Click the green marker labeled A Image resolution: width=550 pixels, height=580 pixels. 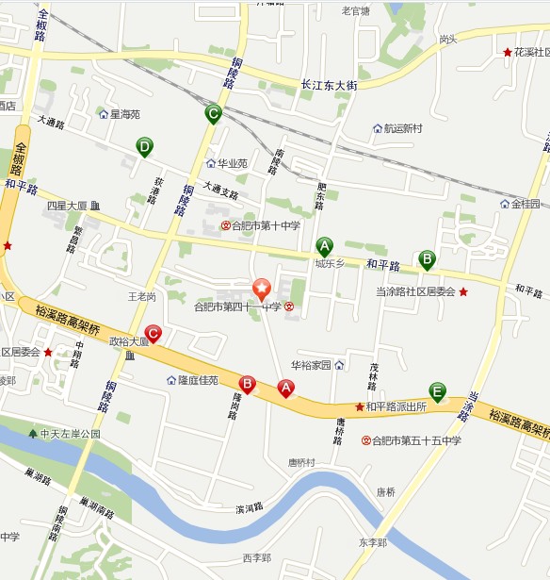[x=324, y=246]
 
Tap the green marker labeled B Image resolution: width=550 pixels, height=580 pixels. [x=426, y=257]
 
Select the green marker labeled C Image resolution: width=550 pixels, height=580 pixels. [x=213, y=114]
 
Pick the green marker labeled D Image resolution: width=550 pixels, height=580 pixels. [x=144, y=146]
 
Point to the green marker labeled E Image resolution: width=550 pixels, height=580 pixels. [x=437, y=390]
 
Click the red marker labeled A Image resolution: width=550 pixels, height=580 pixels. [x=285, y=387]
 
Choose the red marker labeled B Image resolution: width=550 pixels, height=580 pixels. [x=247, y=383]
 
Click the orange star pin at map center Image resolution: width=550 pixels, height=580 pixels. [x=261, y=290]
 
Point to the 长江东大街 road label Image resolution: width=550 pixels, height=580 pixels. [x=329, y=85]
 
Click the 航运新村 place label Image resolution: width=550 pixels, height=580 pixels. [x=402, y=128]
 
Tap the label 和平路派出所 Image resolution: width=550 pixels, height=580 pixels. [x=396, y=406]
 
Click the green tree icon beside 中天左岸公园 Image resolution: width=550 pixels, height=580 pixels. [x=33, y=434]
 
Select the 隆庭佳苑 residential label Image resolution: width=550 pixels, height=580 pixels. [x=198, y=380]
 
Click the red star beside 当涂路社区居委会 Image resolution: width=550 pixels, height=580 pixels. [x=463, y=292]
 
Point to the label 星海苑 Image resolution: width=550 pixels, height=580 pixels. [x=124, y=114]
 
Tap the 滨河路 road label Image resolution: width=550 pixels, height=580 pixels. [x=250, y=508]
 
